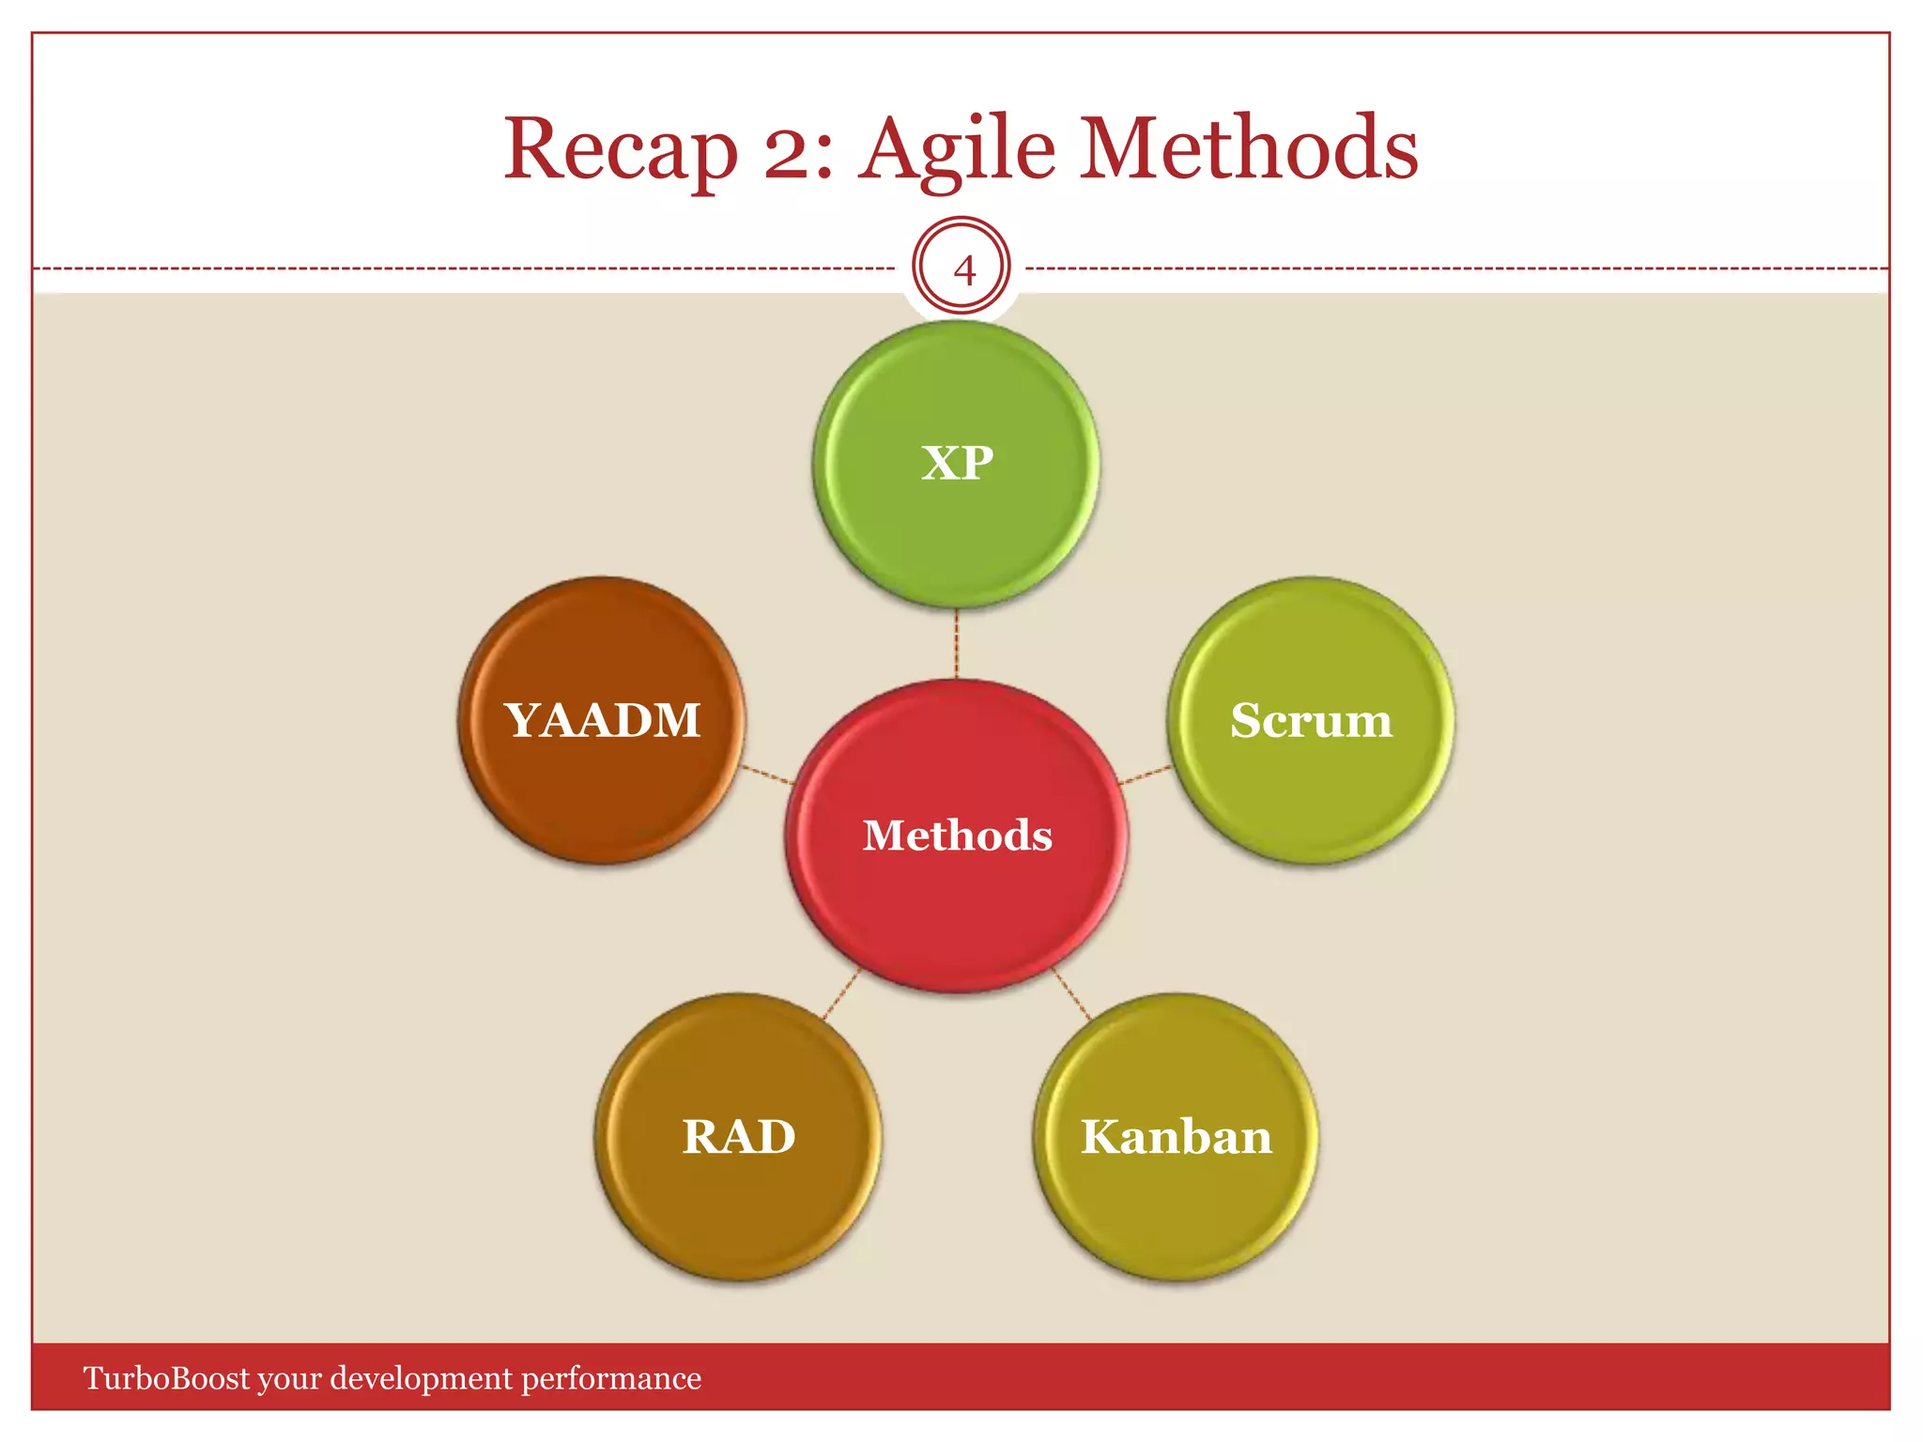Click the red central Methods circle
point(957,892)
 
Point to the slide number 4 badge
point(961,267)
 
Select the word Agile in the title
point(958,150)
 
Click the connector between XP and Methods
point(956,644)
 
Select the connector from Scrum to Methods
point(1146,775)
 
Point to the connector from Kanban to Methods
point(1071,993)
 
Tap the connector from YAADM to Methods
point(767,775)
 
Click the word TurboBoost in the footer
point(167,1378)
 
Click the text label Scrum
point(1311,721)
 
